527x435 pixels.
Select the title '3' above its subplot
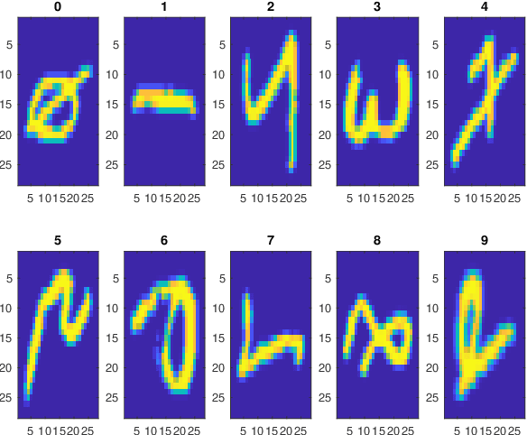(377, 7)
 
